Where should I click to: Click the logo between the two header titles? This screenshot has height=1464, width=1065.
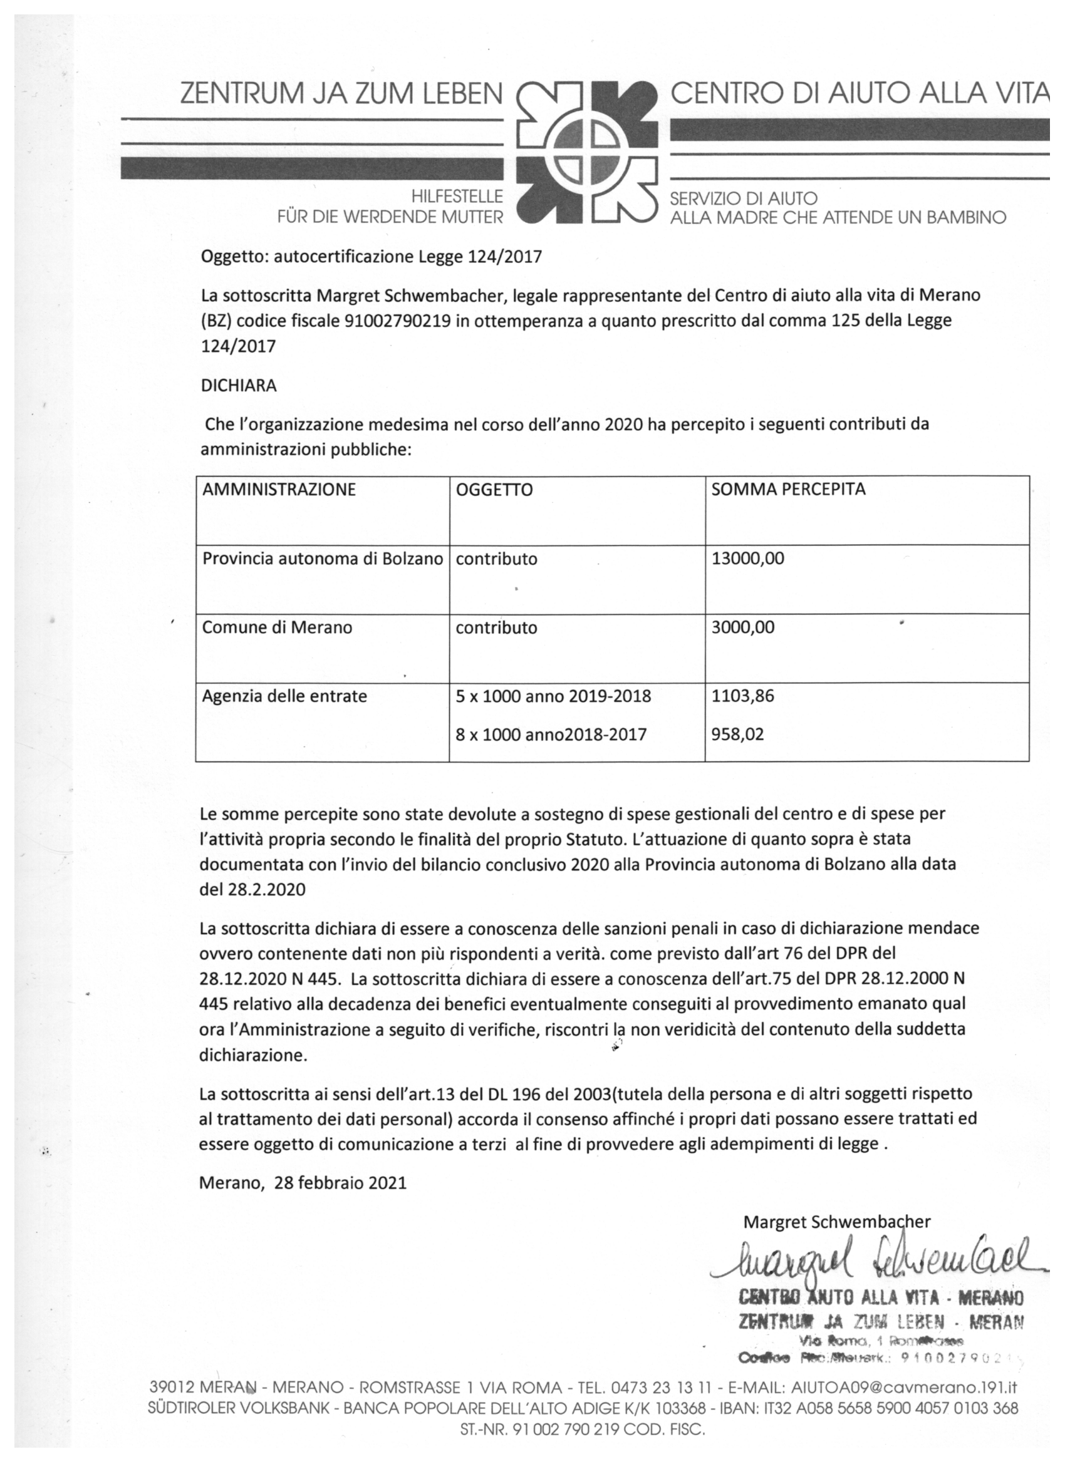588,152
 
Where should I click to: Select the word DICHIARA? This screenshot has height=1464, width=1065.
239,385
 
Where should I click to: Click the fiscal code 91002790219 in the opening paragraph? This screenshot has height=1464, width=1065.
398,321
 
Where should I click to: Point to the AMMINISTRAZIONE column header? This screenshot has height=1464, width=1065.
279,489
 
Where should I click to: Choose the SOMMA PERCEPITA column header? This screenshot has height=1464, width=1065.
788,489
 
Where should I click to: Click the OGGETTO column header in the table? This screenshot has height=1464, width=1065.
494,490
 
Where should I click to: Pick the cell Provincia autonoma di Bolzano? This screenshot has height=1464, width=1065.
322,559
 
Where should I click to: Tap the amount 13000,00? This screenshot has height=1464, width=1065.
747,559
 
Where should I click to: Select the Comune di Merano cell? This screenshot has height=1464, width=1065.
277,627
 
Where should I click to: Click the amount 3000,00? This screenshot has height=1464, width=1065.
743,627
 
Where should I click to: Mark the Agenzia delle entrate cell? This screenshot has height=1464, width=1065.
284,696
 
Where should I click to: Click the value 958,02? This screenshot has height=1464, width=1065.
737,735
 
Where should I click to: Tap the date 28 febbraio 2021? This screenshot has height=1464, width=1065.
340,1183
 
